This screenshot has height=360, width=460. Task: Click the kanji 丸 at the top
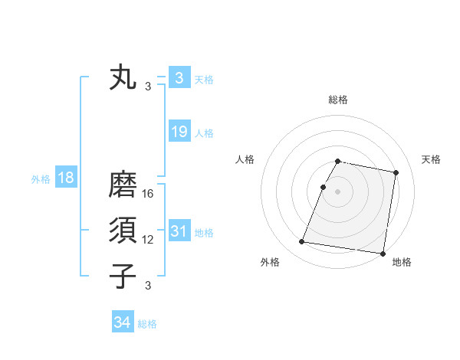tap(123, 78)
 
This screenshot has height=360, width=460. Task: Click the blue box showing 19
tap(179, 132)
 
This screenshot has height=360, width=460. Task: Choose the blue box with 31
tap(179, 231)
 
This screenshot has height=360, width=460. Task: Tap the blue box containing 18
tap(66, 178)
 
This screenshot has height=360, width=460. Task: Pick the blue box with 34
tap(122, 322)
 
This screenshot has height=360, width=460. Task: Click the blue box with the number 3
tap(179, 78)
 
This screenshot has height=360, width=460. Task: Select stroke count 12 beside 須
tap(149, 240)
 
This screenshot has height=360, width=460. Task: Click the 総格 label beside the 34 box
tap(147, 324)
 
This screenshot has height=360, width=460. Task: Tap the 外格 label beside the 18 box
tap(40, 179)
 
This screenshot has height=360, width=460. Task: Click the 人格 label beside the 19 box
tap(204, 133)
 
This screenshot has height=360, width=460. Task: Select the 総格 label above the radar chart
tap(337, 100)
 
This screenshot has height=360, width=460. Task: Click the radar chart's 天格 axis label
tap(431, 159)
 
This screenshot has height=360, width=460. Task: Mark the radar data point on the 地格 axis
tap(382, 253)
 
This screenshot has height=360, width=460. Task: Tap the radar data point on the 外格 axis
tap(302, 242)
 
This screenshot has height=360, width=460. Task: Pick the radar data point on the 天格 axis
tap(396, 173)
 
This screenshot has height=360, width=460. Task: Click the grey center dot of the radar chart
tap(337, 191)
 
